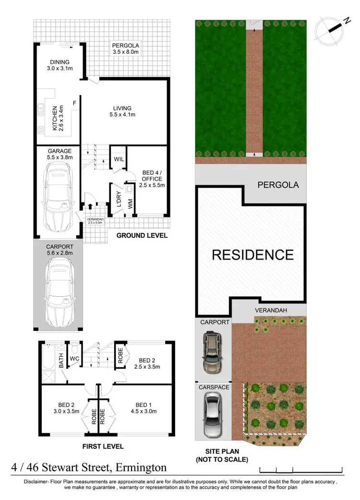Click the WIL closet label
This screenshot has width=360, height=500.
point(119,159)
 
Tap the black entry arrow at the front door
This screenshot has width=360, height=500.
point(90,207)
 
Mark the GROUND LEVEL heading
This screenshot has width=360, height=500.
point(142,235)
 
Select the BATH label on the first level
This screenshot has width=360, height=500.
point(61,361)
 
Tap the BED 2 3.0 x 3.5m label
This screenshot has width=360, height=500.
point(65,408)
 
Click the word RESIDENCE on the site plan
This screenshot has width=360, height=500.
point(252,255)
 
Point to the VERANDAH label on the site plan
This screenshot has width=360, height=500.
point(271,310)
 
